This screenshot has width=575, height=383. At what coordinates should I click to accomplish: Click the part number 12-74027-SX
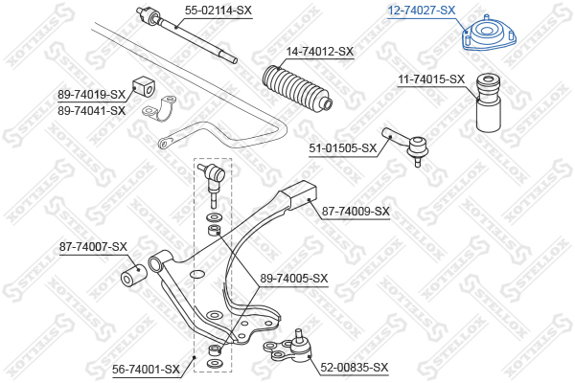click(422, 11)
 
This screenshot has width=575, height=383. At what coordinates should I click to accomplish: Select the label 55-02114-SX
click(218, 11)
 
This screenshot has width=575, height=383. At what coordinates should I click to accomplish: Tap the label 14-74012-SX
click(320, 52)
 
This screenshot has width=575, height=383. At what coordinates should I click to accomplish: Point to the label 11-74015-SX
click(431, 79)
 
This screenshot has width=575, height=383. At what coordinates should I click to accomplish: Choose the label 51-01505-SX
click(343, 148)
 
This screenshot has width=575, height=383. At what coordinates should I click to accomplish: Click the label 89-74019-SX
click(91, 95)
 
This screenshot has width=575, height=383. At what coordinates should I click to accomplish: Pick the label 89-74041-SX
click(91, 110)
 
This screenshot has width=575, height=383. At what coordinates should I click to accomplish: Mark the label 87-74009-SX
click(356, 212)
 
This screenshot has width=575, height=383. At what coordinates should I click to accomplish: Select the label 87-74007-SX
click(93, 247)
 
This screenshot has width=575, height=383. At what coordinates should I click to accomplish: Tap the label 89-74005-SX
click(294, 279)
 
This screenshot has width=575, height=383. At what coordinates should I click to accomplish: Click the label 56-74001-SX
click(146, 369)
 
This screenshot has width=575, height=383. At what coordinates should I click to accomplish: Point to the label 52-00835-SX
click(355, 367)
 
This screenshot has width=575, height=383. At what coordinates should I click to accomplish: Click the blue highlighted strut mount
click(489, 34)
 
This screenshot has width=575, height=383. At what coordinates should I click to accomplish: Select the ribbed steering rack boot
click(298, 87)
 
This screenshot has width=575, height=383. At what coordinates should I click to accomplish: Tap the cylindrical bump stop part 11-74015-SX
click(488, 103)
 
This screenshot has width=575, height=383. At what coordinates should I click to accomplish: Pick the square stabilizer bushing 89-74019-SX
click(142, 86)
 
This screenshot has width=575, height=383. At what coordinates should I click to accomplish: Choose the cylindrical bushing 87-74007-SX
click(134, 276)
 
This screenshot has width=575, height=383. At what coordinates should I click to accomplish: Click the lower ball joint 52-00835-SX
click(288, 346)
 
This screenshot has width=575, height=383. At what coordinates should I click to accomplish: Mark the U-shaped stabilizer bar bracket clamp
click(160, 109)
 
